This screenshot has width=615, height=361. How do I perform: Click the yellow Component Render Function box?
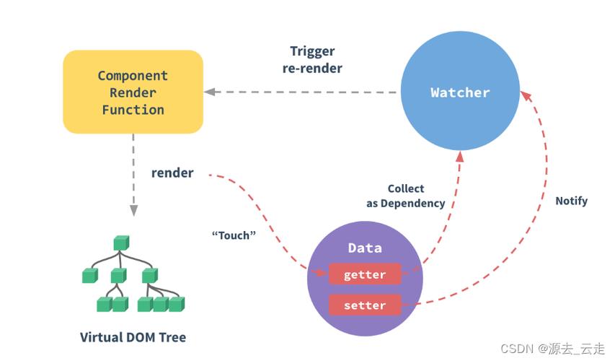click(133, 92)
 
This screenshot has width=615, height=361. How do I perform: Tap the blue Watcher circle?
click(460, 92)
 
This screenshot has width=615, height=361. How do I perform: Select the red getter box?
click(365, 274)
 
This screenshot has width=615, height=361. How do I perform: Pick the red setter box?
click(365, 305)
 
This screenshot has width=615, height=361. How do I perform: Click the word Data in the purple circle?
click(365, 248)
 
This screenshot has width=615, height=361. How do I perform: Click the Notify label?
click(571, 201)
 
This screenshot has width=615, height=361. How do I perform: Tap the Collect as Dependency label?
click(405, 196)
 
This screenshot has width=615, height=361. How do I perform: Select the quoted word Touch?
click(234, 235)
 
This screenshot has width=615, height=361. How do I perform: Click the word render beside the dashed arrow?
click(172, 173)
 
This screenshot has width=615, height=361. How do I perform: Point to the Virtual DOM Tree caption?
click(133, 337)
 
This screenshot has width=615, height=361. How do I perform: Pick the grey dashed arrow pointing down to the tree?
click(133, 177)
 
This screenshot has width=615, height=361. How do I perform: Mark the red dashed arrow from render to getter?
click(274, 217)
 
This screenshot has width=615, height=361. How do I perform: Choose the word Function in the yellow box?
click(133, 110)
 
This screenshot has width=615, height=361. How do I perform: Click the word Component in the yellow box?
click(133, 75)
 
